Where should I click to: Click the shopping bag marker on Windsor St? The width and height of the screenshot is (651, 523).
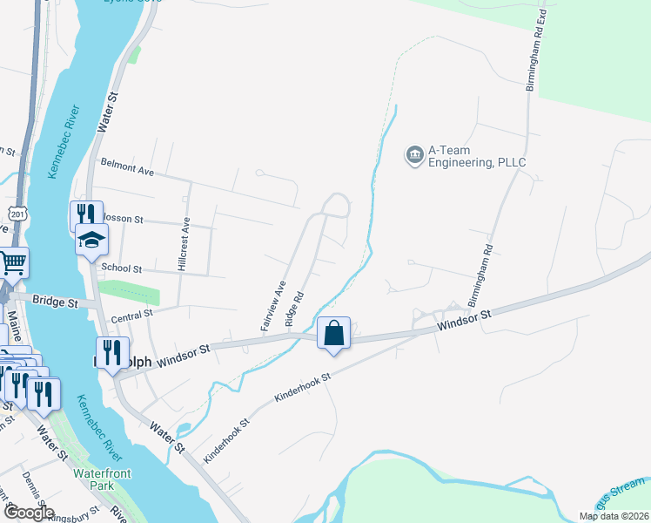tap(333, 333)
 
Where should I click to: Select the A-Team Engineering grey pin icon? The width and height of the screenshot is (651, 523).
tap(413, 156)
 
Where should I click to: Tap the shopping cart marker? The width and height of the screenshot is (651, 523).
tap(12, 262)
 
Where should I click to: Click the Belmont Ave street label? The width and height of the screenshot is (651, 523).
tap(127, 167)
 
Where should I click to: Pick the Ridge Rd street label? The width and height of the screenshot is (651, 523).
tap(294, 309)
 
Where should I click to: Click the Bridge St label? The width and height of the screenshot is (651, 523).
tap(55, 302)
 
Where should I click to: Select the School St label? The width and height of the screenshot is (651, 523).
tap(121, 268)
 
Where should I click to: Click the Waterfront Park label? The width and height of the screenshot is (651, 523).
tap(102, 479)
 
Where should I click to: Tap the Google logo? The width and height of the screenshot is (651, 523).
tap(28, 513)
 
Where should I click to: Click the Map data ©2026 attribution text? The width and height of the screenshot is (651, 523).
tap(614, 516)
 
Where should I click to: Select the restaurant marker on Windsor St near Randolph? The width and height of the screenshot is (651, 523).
tap(112, 353)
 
